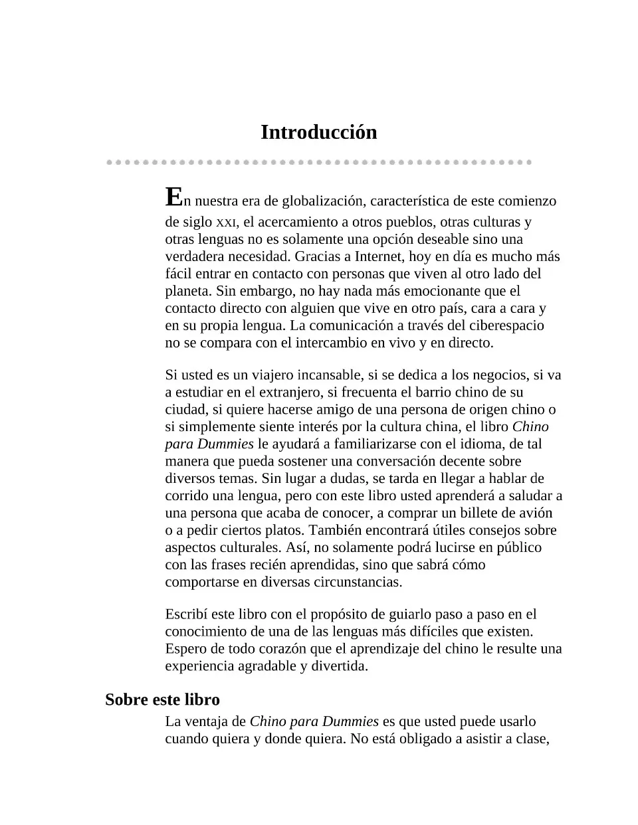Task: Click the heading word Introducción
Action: pos(318,132)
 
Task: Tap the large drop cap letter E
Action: pos(173,197)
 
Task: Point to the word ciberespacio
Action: pos(503,325)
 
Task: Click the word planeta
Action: pos(187,291)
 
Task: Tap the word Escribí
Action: pos(187,614)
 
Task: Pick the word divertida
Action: pos(339,666)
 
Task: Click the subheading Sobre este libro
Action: pos(162,699)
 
